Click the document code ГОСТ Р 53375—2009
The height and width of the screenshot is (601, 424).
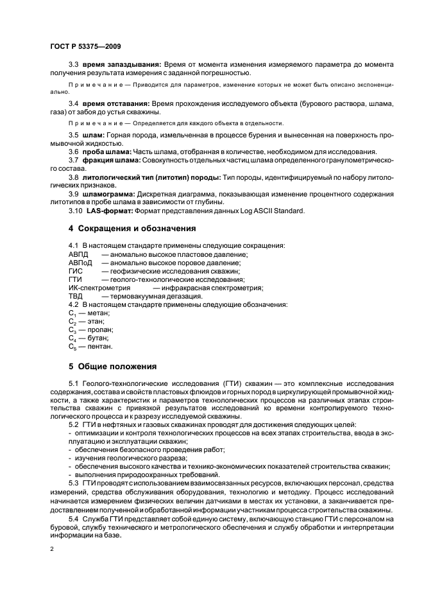(86, 47)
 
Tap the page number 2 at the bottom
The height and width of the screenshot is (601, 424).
(53, 550)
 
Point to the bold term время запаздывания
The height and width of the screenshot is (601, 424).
(121, 65)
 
